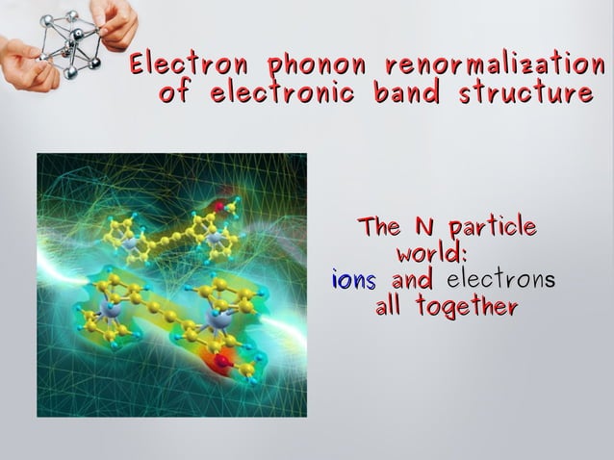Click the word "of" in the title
coord(176,94)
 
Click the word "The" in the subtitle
coord(379,227)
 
